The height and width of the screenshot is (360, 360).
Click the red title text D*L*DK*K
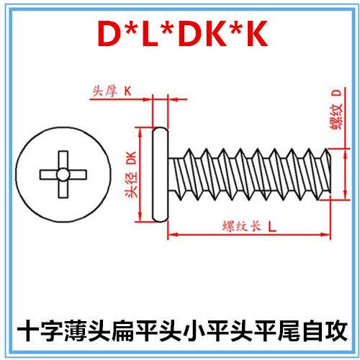[x=182, y=34]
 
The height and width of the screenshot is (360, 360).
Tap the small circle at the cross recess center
[x=63, y=174]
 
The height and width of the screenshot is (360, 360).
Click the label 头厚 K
[x=112, y=91]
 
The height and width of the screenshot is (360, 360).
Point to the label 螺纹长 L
[x=249, y=226]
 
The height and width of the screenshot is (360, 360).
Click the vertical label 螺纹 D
[x=336, y=109]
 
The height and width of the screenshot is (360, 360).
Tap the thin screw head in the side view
[x=161, y=174]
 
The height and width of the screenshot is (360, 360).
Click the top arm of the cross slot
[x=63, y=160]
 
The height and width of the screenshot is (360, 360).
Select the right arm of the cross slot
[x=78, y=175]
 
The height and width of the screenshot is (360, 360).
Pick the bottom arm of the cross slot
[x=63, y=189]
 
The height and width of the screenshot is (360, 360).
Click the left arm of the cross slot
[x=49, y=175]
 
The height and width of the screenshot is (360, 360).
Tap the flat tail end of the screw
[x=330, y=175]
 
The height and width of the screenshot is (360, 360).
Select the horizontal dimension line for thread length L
[x=249, y=234]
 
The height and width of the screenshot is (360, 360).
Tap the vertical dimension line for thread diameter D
[x=345, y=174]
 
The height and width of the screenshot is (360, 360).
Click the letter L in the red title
[x=150, y=34]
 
